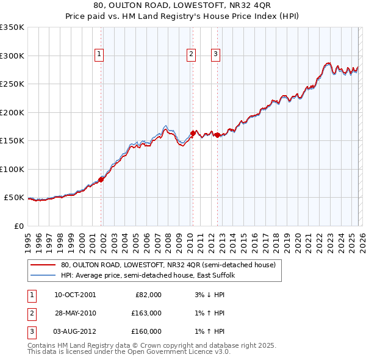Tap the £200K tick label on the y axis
pyautogui.click(x=12, y=112)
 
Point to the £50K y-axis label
pyautogui.click(x=14, y=198)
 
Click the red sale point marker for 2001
pyautogui.click(x=101, y=179)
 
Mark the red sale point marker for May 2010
pyautogui.click(x=193, y=133)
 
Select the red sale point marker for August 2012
pyautogui.click(x=217, y=135)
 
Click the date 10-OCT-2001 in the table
pyautogui.click(x=75, y=295)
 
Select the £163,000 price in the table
pyautogui.click(x=147, y=313)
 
